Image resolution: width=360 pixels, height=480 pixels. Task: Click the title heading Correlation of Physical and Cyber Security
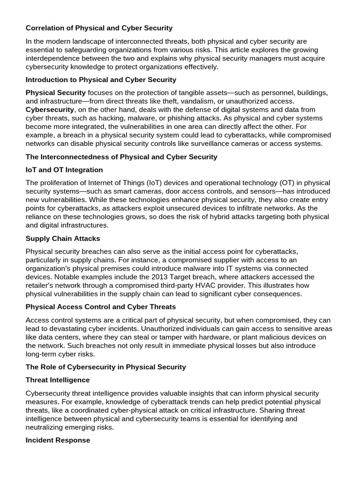(99, 28)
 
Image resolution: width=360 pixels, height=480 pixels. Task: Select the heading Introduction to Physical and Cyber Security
(101, 80)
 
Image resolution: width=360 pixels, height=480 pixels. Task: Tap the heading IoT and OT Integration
(64, 170)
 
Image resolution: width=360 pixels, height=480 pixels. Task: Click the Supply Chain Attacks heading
(62, 238)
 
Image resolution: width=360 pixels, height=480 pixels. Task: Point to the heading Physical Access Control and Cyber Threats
(101, 307)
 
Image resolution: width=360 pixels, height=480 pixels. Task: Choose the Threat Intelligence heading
(58, 380)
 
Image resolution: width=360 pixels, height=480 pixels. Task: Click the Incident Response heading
(58, 441)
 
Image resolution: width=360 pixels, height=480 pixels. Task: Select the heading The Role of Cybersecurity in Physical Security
(106, 367)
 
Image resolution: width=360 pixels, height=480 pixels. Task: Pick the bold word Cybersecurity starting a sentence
(50, 110)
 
